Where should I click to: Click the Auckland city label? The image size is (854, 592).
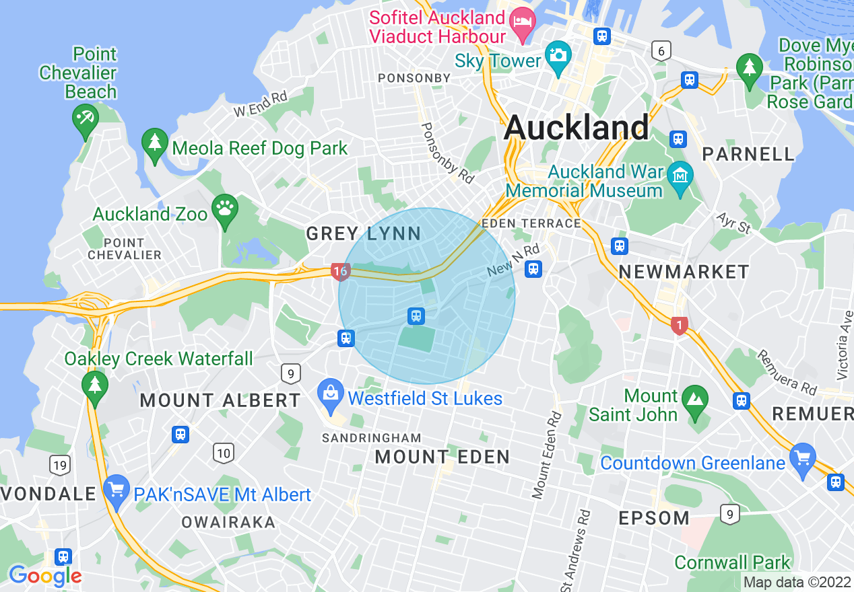(577, 127)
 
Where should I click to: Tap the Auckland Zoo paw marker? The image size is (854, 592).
(224, 209)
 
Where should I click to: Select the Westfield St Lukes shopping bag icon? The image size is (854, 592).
(330, 393)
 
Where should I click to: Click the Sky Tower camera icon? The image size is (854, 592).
(558, 54)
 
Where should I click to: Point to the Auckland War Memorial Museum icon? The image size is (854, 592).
(680, 176)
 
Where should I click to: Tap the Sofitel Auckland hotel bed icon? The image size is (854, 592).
(521, 22)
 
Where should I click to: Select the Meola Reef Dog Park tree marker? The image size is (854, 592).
(155, 143)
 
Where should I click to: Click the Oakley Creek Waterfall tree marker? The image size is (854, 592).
(94, 386)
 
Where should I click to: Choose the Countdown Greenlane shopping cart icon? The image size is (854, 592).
(802, 458)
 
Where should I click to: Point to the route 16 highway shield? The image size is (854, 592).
(339, 272)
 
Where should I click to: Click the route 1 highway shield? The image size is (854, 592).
(679, 326)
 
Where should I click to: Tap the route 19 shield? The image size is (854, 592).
(59, 464)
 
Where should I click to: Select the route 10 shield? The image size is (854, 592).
(224, 453)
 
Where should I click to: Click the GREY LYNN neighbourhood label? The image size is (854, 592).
(364, 234)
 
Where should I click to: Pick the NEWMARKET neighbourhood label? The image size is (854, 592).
(684, 272)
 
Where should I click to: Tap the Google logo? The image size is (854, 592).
(45, 576)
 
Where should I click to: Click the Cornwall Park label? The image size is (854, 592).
(732, 562)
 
